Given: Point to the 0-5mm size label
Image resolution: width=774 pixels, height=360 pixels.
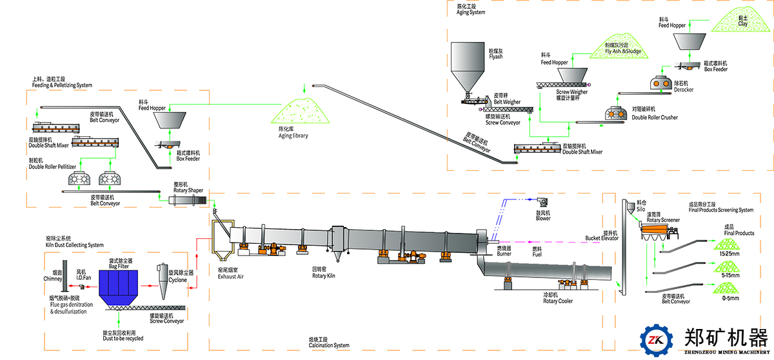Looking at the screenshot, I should (x=729, y=299).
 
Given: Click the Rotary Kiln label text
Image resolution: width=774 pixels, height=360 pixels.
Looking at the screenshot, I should (x=323, y=275).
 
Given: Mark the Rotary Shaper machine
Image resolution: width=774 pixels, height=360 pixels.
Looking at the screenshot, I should (x=187, y=202).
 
